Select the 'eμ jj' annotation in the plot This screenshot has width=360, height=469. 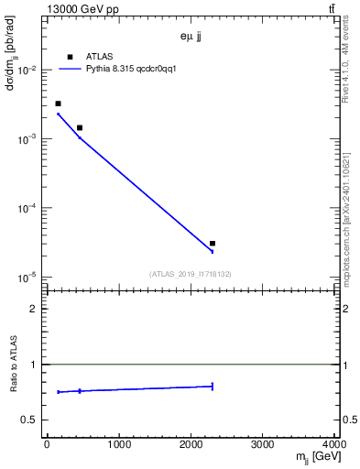(193, 38)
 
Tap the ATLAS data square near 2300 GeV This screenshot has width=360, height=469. (213, 244)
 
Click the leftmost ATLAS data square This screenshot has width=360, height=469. (58, 104)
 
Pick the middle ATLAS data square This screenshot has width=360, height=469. (80, 127)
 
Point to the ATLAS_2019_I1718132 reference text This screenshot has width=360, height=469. (191, 274)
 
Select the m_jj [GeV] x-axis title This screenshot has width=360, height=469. (311, 457)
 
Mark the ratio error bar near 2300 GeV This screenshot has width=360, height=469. (213, 386)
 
